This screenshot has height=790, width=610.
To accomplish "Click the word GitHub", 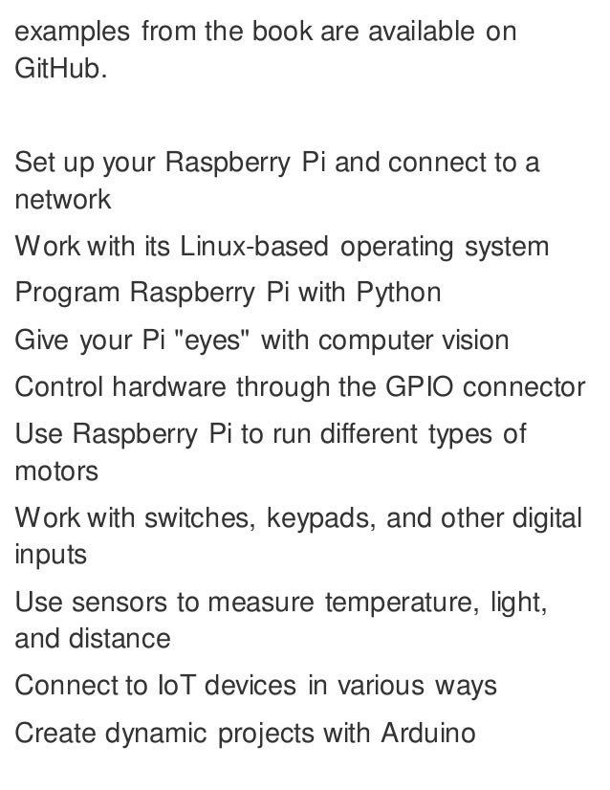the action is (x=56, y=71).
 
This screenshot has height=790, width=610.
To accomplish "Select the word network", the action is (x=63, y=201).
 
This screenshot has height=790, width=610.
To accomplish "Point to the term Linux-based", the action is (x=249, y=247).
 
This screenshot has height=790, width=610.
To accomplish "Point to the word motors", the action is (x=56, y=472).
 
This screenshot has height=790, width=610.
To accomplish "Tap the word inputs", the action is (x=51, y=556).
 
